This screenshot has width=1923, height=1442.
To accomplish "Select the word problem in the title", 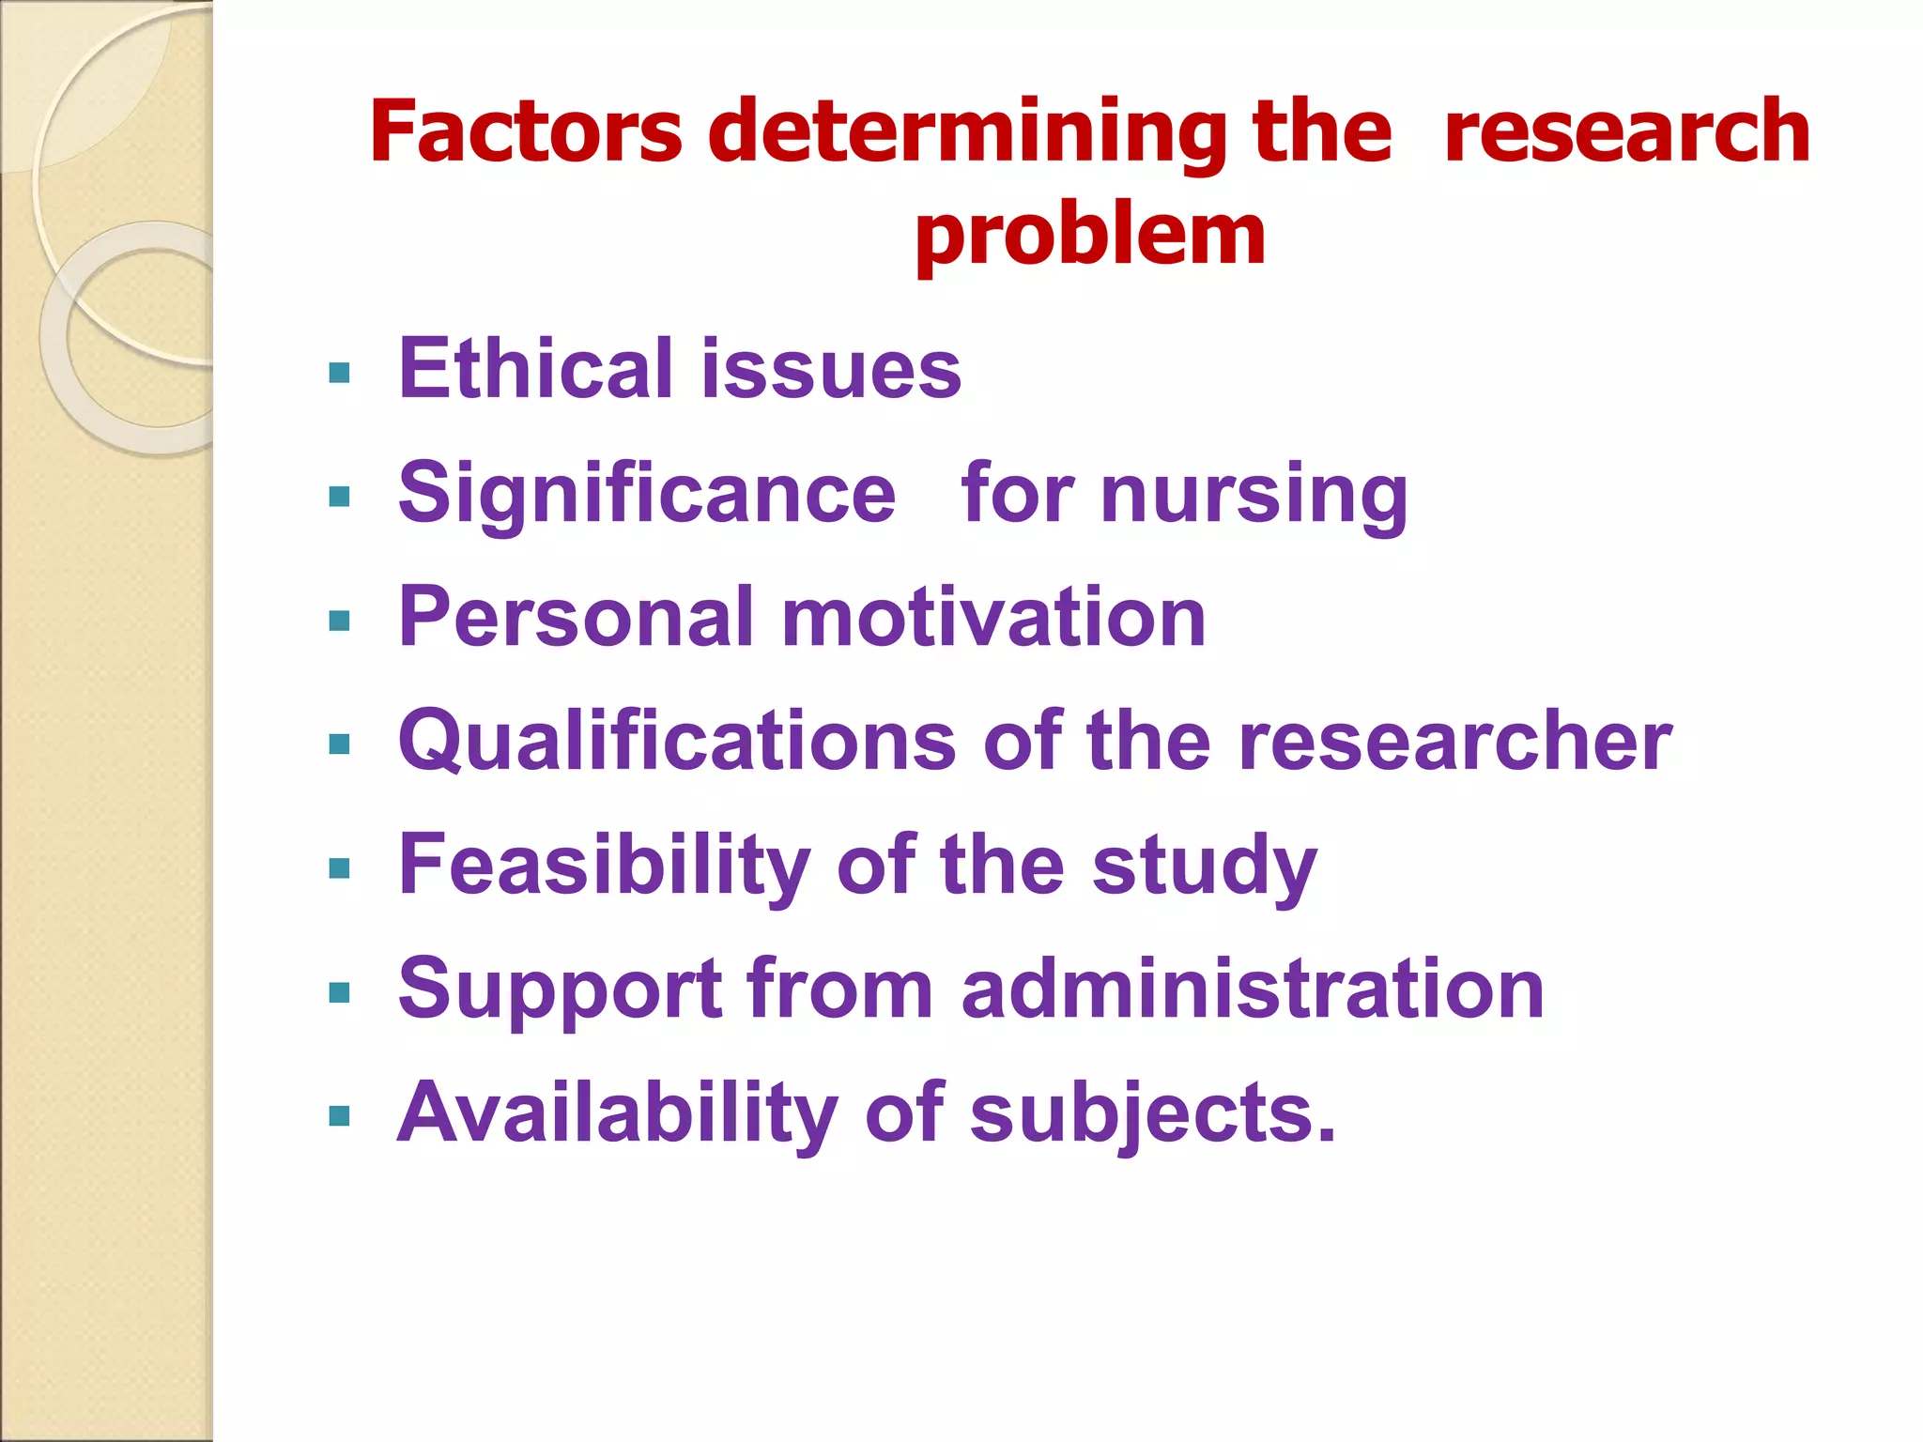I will (x=1090, y=237).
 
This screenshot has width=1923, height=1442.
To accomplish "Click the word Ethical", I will (x=535, y=368).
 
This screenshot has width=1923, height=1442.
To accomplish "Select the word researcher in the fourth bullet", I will (x=1454, y=741).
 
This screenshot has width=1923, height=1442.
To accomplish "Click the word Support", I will (x=560, y=989).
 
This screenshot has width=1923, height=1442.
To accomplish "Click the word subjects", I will (x=1151, y=1113).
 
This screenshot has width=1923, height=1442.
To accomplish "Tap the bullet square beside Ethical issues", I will (x=340, y=374).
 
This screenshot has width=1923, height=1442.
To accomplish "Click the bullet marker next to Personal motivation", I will (x=340, y=621).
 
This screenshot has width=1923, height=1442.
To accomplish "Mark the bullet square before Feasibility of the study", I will (x=340, y=868).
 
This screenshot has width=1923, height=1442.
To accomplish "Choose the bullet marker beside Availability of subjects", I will (x=340, y=1116).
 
